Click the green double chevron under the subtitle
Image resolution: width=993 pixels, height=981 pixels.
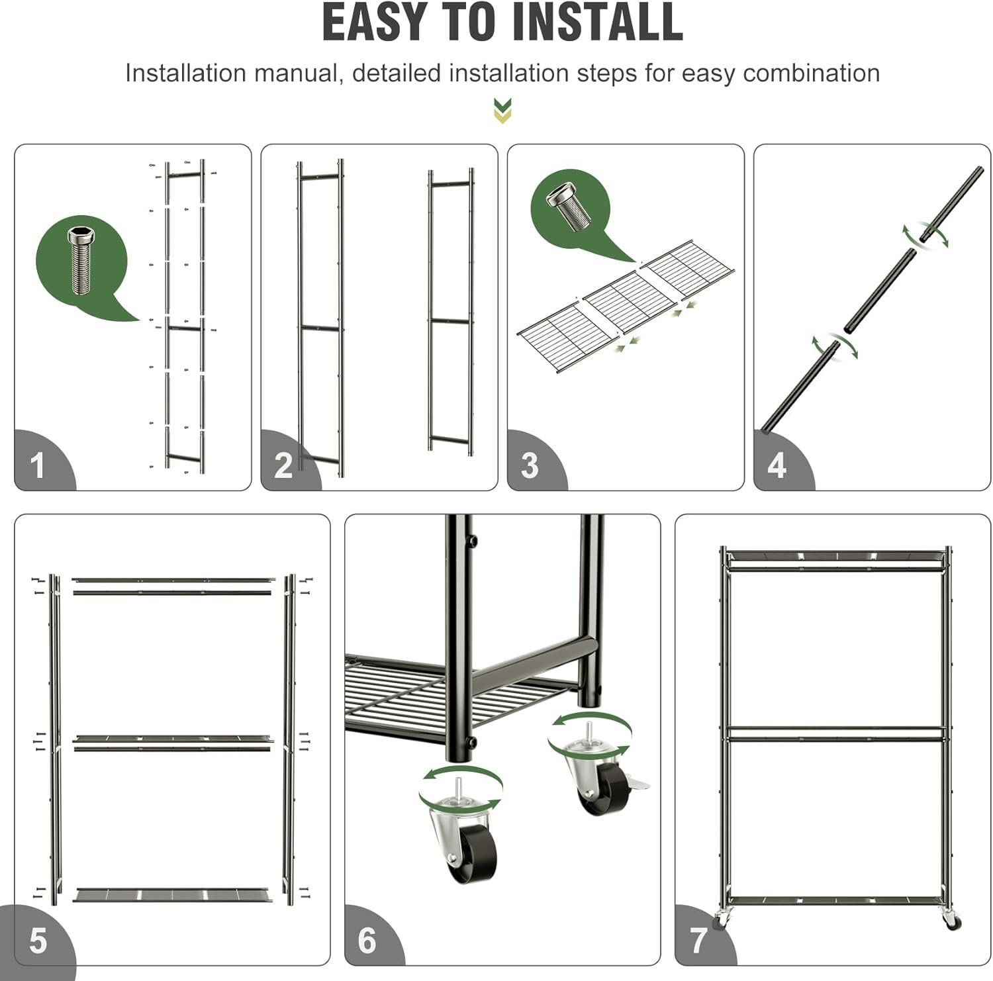503,111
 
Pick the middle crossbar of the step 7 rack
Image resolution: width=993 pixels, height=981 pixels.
836,733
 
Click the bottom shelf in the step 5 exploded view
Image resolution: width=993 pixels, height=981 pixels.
172,895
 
